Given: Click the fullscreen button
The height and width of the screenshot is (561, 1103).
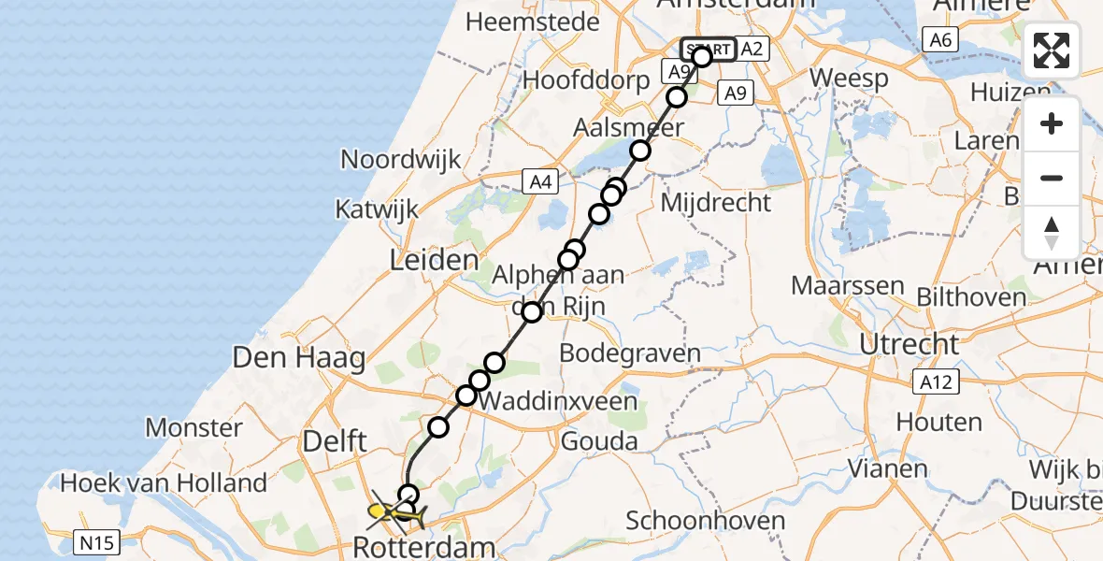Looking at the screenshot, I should point(1052,50).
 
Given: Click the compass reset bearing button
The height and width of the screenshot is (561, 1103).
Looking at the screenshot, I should point(1052,232).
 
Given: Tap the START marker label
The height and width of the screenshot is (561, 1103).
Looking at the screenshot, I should point(709,49).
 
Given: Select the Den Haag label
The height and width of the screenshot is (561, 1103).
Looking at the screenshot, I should point(299,357).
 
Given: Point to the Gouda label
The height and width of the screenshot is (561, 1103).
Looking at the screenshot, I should point(598,440).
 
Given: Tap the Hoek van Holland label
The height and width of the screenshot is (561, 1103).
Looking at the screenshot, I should point(164,482).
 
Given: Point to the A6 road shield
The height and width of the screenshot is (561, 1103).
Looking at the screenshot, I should point(939,39).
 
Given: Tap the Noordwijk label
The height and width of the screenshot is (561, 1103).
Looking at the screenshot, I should point(401,159).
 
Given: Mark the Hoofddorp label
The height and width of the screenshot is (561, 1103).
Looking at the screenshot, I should point(586,79).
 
